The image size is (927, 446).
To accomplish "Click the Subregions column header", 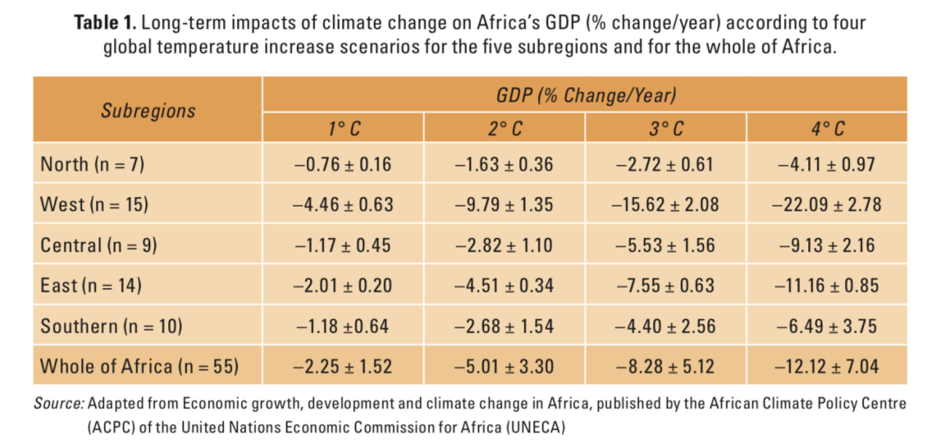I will pyautogui.click(x=148, y=110).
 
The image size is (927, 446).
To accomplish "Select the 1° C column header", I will pyautogui.click(x=344, y=128).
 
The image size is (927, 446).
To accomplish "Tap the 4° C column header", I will pyautogui.click(x=828, y=128).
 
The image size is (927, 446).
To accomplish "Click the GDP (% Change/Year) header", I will pyautogui.click(x=586, y=95).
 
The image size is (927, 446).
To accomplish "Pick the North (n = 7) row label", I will pyautogui.click(x=92, y=164).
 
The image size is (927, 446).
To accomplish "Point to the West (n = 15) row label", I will pyautogui.click(x=95, y=204).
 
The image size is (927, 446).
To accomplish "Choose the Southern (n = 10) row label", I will pyautogui.click(x=111, y=326).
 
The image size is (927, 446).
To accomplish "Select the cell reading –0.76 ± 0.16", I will pyautogui.click(x=343, y=164).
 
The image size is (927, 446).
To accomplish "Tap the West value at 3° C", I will pyautogui.click(x=665, y=204).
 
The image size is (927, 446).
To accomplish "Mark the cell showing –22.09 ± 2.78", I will pyautogui.click(x=827, y=204).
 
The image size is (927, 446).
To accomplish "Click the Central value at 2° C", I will pyautogui.click(x=504, y=245).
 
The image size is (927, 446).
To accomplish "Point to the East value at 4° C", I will pyautogui.click(x=827, y=286).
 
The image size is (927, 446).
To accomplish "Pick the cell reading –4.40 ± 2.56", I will pyautogui.click(x=665, y=326).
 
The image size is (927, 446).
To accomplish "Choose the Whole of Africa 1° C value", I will pyautogui.click(x=343, y=366).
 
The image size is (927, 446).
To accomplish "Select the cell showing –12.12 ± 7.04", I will pyautogui.click(x=827, y=366).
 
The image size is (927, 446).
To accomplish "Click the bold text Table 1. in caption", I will pyautogui.click(x=105, y=23).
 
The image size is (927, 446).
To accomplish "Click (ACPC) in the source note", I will pyautogui.click(x=111, y=427).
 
